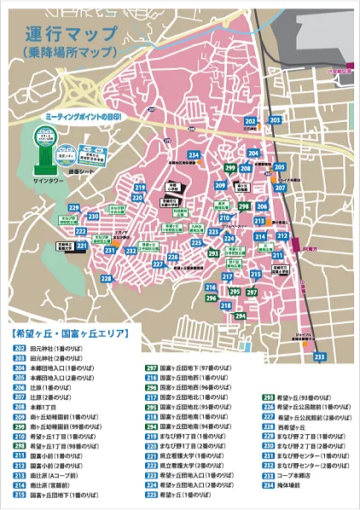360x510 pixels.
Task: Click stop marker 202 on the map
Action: [249, 123]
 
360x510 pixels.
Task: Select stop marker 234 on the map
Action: [195, 154]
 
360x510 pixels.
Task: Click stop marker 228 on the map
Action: [106, 278]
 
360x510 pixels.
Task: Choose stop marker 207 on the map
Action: [280, 186]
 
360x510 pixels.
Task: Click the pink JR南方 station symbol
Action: [296, 240]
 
